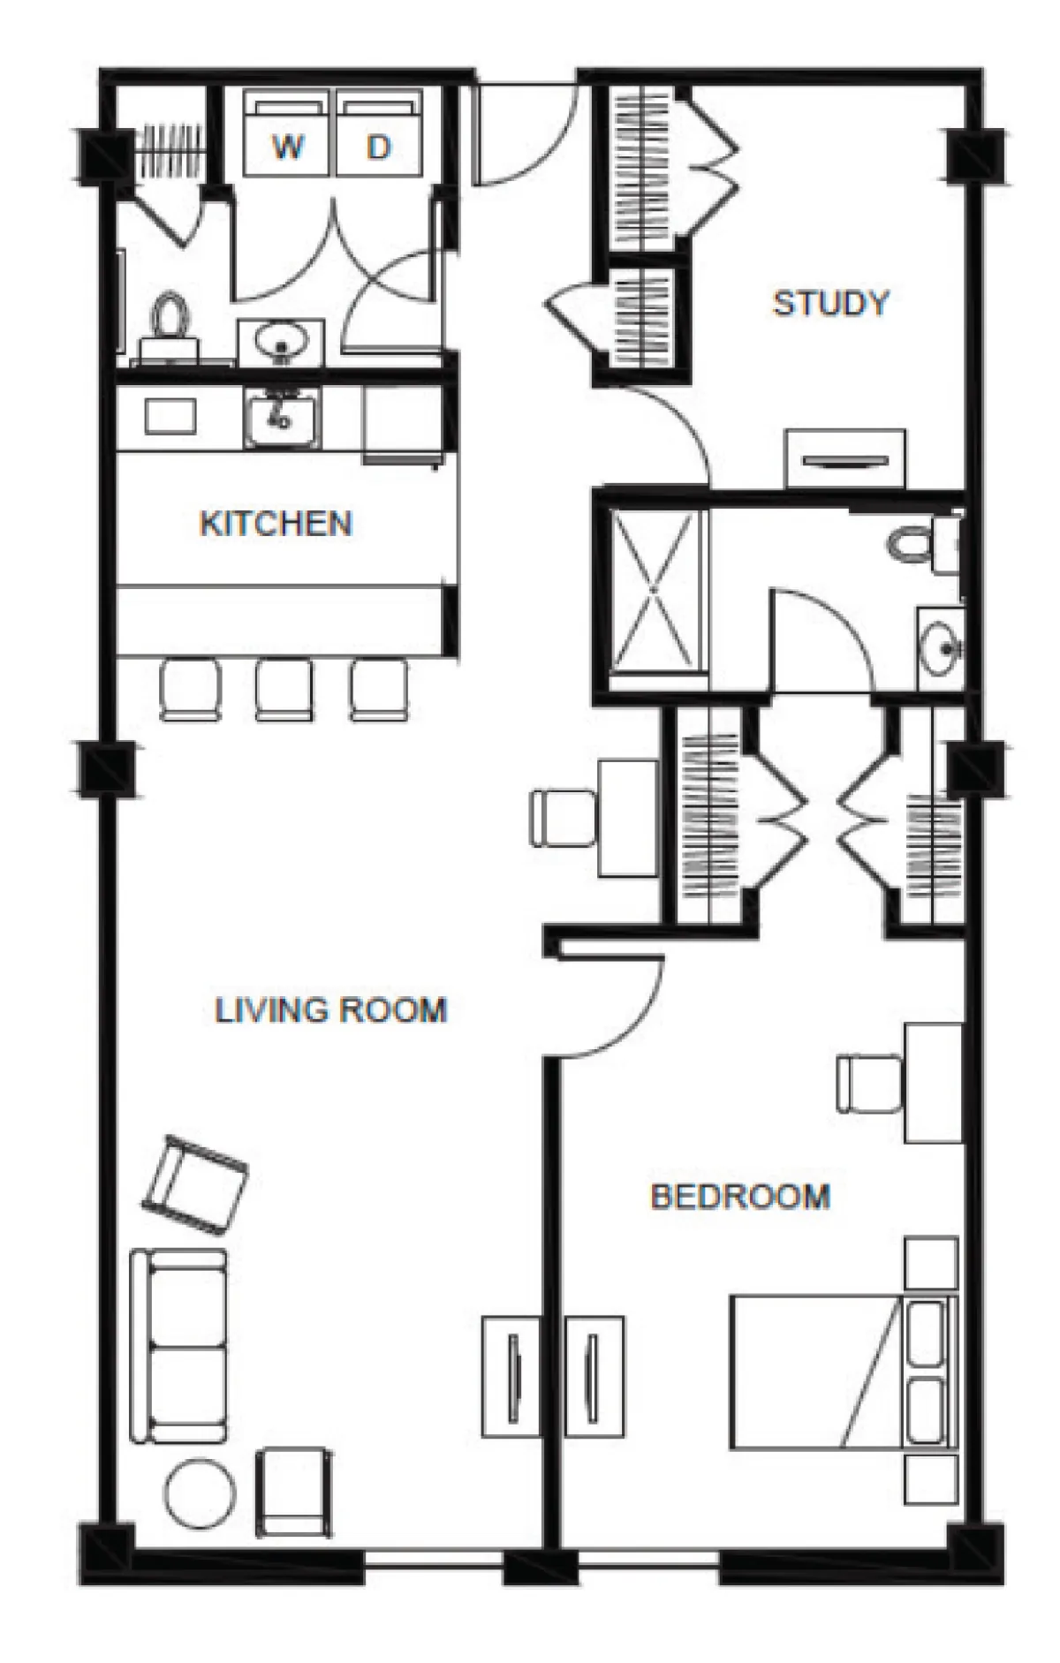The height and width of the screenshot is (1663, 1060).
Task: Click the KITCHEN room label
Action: coord(276,524)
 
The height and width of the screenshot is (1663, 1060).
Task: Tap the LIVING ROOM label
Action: coord(331,1009)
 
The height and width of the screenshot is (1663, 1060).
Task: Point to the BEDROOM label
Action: coord(740,1197)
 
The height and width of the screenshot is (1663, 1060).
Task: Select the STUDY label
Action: coord(830,303)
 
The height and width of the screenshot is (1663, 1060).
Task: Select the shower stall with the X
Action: coord(653,589)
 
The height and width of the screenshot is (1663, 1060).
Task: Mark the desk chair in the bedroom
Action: coord(870,1083)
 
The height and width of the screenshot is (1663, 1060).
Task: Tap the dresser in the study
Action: coord(845,458)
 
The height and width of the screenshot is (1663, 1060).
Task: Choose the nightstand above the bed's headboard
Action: coord(931,1264)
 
